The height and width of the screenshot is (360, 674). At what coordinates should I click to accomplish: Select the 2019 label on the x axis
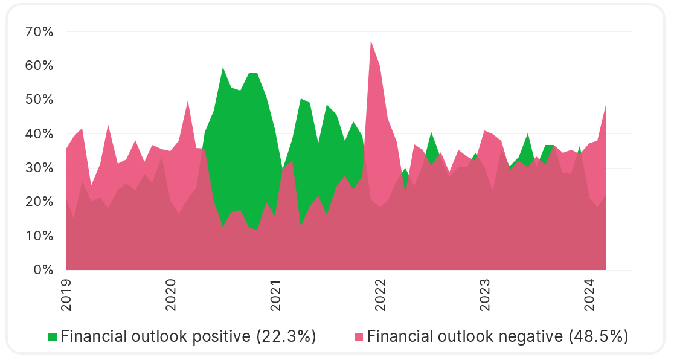click(x=66, y=295)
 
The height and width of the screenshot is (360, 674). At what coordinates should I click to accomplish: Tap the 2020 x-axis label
click(x=170, y=295)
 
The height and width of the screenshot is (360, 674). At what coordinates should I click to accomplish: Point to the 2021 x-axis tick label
click(x=275, y=295)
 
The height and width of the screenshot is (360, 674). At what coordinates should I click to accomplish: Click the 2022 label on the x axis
click(x=380, y=295)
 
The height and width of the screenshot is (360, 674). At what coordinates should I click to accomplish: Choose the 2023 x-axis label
click(x=484, y=295)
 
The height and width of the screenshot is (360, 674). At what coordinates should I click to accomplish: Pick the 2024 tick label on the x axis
click(x=589, y=295)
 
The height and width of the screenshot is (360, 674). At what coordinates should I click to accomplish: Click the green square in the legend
click(x=53, y=336)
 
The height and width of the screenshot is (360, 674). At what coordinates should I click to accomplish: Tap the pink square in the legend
click(x=359, y=336)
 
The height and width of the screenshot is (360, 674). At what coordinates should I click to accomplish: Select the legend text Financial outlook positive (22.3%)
click(x=188, y=336)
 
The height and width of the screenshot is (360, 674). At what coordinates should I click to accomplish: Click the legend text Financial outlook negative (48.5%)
click(x=498, y=336)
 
